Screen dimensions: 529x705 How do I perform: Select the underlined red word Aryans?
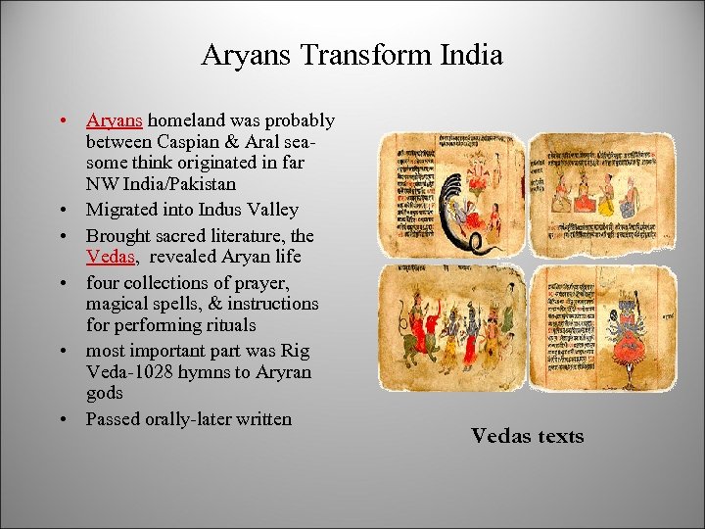(x=115, y=120)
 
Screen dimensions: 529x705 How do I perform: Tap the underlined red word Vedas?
(x=110, y=257)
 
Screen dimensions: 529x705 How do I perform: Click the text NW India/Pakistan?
(x=161, y=184)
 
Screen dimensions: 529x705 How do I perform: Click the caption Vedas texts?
(x=527, y=436)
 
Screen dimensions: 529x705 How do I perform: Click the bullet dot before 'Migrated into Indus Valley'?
(x=62, y=211)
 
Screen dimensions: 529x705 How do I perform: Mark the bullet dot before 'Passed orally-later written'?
(x=62, y=420)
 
